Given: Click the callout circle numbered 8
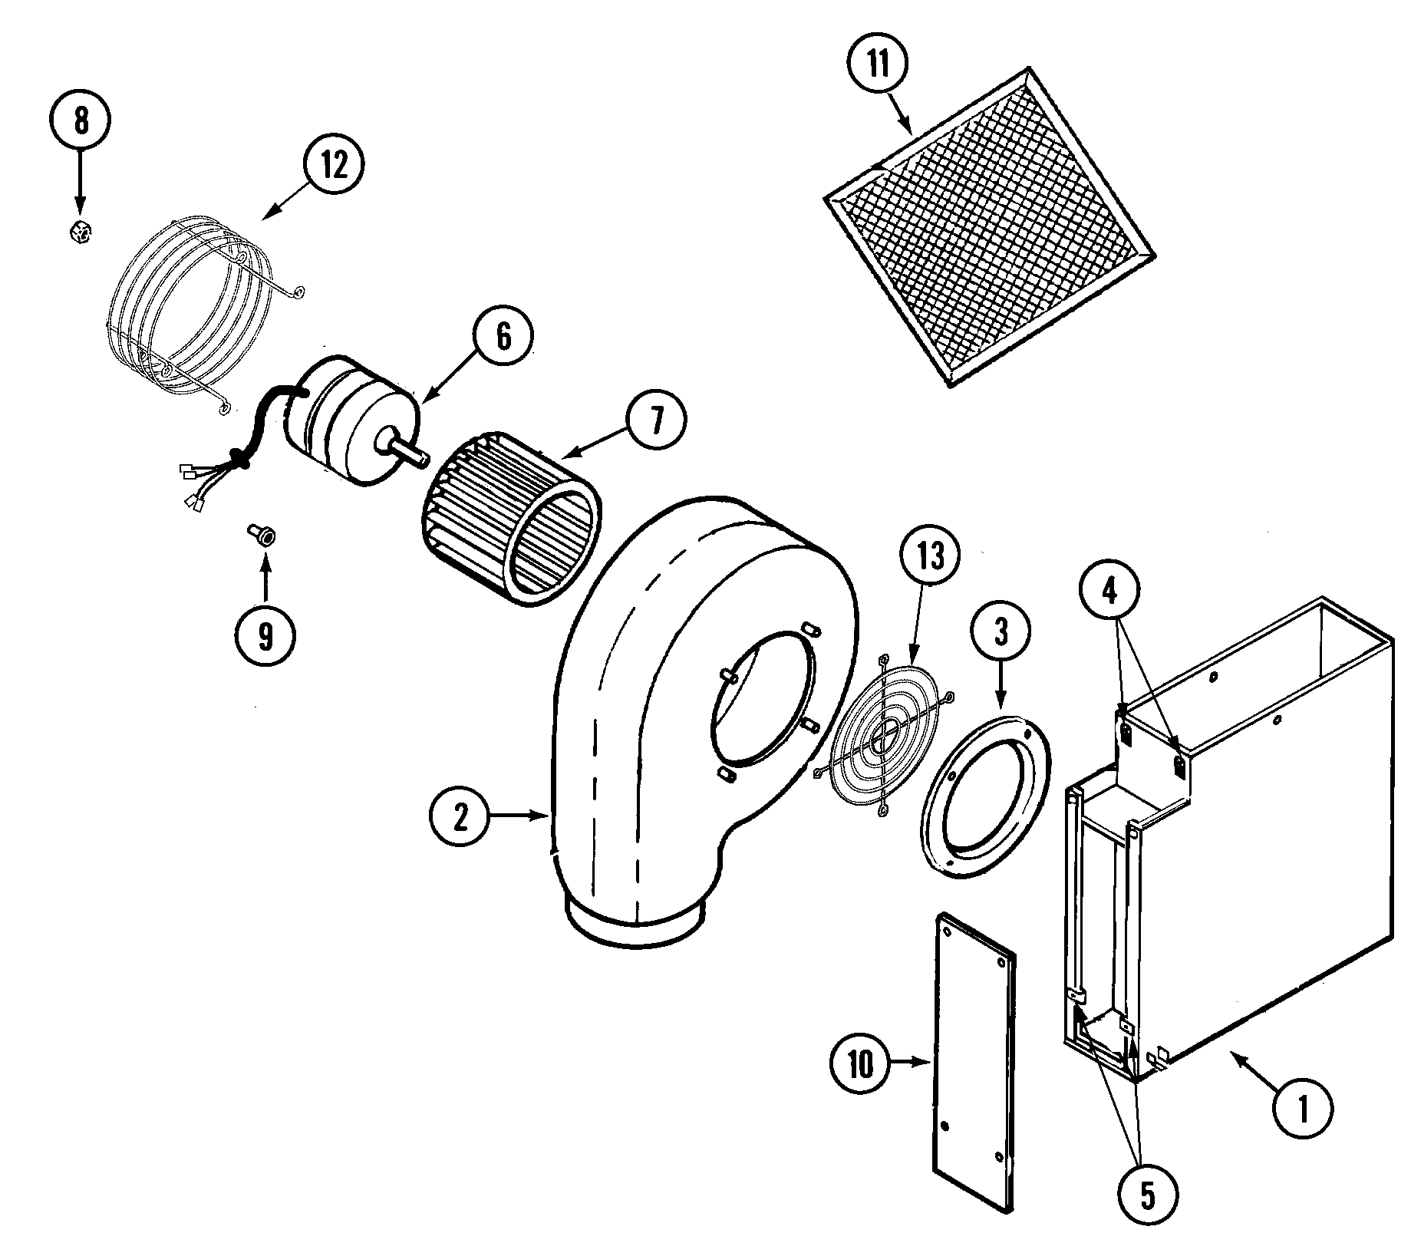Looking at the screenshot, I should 80,121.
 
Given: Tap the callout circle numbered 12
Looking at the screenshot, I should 333,165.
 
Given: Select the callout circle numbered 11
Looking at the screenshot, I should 878,64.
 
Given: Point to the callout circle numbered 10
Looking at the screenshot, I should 861,1064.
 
